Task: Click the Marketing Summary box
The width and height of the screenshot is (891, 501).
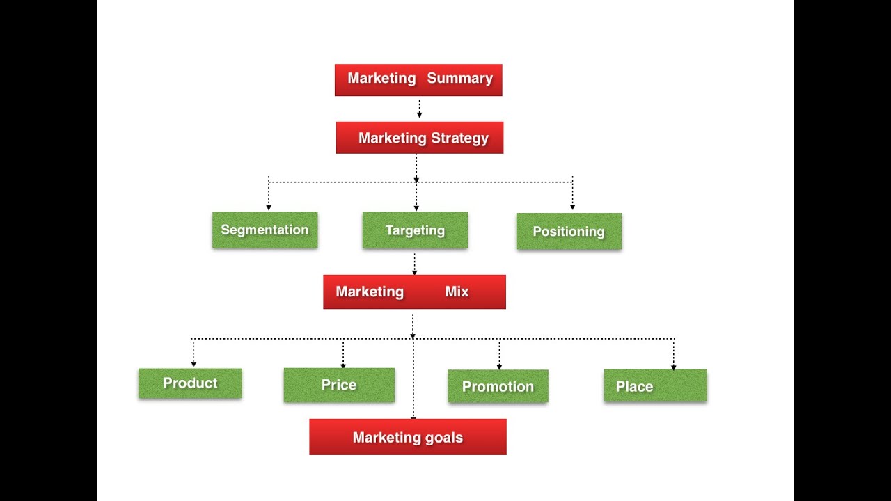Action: coord(418,80)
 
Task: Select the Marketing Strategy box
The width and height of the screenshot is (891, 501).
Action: coord(419,138)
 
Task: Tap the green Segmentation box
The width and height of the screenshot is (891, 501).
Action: coord(265,230)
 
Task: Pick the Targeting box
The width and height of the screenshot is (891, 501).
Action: coord(415,230)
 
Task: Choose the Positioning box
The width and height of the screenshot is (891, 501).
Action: coord(569,232)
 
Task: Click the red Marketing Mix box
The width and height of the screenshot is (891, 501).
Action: coord(414,292)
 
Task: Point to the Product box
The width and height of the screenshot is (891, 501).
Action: coord(190,383)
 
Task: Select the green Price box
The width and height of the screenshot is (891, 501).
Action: coord(339,385)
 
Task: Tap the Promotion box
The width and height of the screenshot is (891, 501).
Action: coord(498,386)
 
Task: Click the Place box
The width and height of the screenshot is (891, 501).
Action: coord(655,385)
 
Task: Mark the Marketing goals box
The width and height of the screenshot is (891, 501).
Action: coord(408,437)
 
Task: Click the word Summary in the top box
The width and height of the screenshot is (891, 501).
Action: coord(459,79)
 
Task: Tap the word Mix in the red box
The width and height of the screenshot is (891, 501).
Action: coord(457,292)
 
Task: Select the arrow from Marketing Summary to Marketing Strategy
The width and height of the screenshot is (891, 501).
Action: coord(419,109)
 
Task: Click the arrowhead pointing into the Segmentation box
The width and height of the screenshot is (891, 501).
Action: coord(269,207)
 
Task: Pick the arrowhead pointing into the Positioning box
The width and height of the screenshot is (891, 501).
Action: coord(572,207)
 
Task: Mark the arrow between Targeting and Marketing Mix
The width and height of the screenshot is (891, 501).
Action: coord(415,264)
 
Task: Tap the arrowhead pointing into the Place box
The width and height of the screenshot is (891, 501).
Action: coord(673,367)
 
